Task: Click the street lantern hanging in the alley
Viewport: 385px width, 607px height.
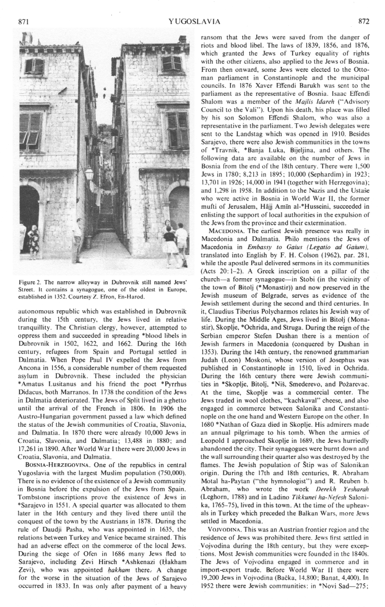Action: [x=89, y=173]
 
